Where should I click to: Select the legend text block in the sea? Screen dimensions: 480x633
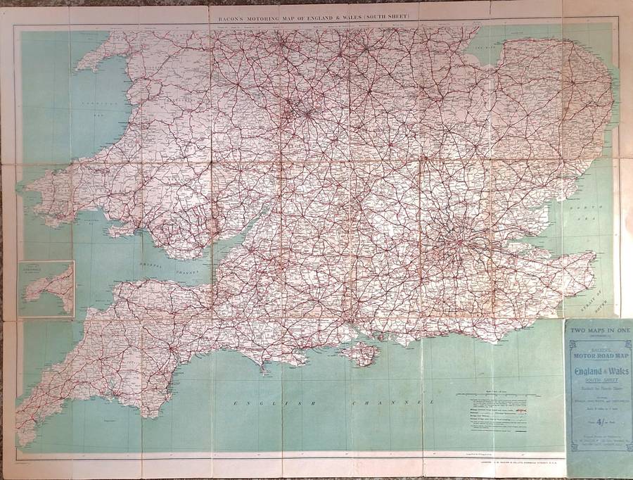tap(492, 415)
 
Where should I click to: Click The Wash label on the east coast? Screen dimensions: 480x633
tap(485, 48)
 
